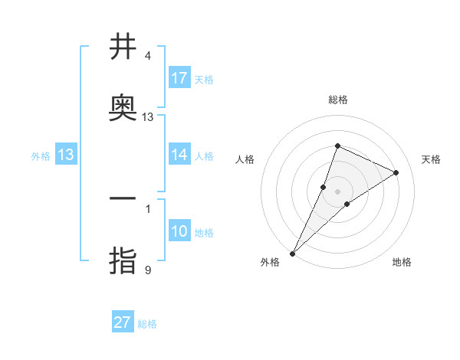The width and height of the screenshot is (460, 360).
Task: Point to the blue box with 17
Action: [179, 78]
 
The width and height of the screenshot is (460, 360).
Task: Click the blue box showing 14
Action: [179, 155]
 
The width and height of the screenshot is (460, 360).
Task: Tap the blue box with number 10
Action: [179, 231]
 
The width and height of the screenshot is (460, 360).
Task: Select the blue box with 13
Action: [66, 155]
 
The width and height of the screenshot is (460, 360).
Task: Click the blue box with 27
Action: [123, 322]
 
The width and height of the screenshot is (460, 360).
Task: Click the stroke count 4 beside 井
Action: [148, 56]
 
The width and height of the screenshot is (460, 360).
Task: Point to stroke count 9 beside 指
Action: [148, 270]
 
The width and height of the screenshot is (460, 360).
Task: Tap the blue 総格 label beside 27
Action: [147, 324]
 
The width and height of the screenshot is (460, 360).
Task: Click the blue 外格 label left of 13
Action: [41, 155]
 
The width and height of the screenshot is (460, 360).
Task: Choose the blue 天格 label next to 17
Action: [204, 79]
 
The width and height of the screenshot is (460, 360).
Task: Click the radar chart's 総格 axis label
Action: [338, 100]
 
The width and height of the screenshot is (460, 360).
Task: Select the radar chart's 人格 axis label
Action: [245, 159]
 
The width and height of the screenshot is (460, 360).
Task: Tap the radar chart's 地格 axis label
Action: [402, 263]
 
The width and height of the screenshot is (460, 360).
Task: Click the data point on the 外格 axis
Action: [293, 254]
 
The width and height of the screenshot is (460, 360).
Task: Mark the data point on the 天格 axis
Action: [396, 172]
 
